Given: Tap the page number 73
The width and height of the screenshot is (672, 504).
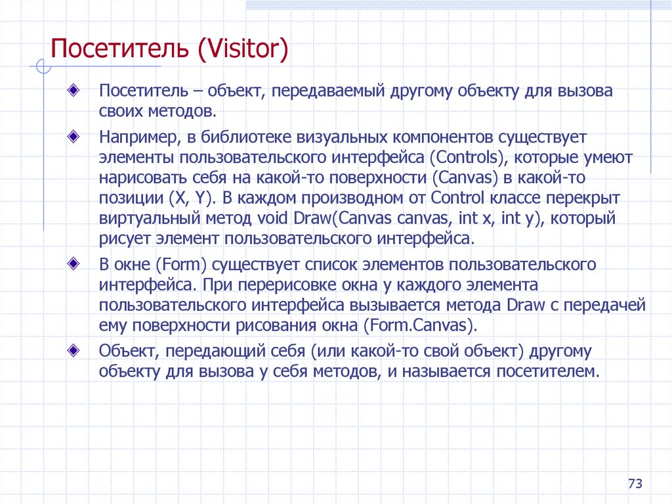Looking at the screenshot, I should [x=634, y=484].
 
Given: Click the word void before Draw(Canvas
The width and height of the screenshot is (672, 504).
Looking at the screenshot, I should [x=270, y=218].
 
